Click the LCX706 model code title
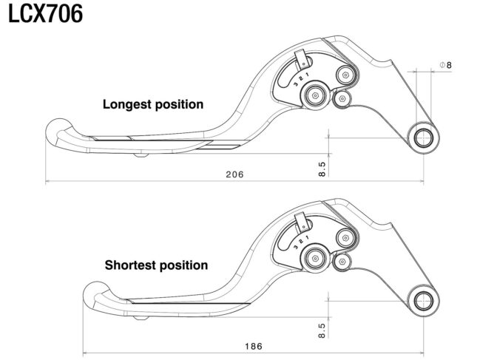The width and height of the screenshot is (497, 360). click(x=45, y=13)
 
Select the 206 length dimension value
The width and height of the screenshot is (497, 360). click(x=234, y=174)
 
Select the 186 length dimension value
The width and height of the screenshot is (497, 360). click(x=254, y=346)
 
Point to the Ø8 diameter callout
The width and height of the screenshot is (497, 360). click(x=446, y=65)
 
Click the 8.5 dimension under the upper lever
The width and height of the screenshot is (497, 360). click(x=322, y=169)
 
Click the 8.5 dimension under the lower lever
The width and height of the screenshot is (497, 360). click(x=322, y=330)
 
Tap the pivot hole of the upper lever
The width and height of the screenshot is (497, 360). click(x=424, y=137)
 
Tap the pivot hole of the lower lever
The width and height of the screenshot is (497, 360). click(x=424, y=301)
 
